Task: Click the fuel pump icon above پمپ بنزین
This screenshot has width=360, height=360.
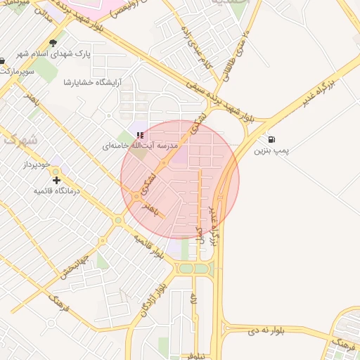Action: [x=271, y=139]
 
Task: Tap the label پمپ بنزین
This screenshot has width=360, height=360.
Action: [x=271, y=150]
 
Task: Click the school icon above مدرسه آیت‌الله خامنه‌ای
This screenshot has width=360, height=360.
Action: [x=141, y=134]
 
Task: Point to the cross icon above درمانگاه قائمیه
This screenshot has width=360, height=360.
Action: [x=57, y=180]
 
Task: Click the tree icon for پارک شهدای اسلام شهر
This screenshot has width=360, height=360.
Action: [x=53, y=43]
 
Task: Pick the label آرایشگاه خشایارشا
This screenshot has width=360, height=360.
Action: [x=93, y=82]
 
